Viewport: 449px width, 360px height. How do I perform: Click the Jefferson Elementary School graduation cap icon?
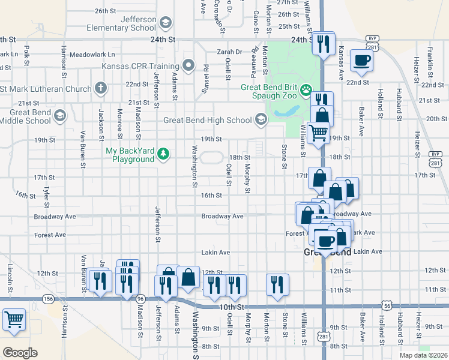click(166, 23)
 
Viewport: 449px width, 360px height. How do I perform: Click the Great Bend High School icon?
click(261, 119)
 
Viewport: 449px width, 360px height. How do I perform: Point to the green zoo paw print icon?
click(306, 91)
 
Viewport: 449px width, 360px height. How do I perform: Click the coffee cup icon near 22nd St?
click(361, 60)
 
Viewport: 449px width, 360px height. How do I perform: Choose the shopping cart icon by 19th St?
click(318, 133)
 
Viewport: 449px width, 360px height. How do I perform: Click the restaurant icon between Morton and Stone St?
click(277, 284)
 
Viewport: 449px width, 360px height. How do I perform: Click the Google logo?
click(20, 352)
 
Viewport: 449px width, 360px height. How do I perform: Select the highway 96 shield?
click(140, 298)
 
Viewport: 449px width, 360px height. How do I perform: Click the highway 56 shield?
click(385, 305)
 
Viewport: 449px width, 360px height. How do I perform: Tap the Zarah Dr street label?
click(229, 52)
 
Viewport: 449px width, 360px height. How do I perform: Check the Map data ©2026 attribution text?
click(423, 355)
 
